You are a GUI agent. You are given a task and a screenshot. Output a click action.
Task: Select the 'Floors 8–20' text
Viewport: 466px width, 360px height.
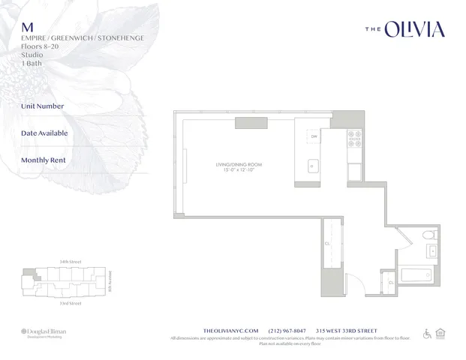(39, 46)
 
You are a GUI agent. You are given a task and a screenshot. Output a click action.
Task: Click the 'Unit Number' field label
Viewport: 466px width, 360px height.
(43, 106)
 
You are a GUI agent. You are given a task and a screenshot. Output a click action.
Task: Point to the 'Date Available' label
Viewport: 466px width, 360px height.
(45, 133)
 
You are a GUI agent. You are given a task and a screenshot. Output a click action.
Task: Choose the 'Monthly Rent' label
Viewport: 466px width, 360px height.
(44, 160)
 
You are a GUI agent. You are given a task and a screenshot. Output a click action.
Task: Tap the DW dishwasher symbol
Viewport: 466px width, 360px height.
(314, 136)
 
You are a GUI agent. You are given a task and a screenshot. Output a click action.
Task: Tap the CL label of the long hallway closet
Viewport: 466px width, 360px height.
(328, 243)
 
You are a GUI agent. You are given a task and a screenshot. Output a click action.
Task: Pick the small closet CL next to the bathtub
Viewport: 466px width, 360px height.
(391, 282)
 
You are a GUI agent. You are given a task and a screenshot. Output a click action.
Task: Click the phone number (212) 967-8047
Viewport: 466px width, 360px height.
(288, 330)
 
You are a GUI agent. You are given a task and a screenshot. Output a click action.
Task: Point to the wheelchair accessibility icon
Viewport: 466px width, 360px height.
(428, 333)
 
